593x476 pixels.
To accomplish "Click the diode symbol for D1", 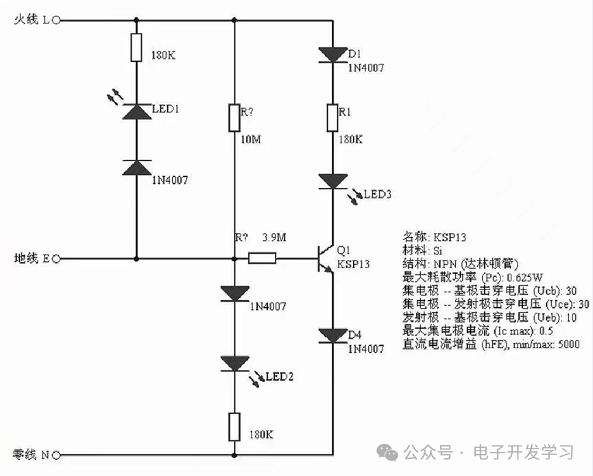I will tap(333, 54).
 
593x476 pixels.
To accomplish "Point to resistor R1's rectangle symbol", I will tap(333, 117).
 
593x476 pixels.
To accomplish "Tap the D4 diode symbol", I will tap(333, 335).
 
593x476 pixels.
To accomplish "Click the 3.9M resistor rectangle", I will tap(262, 259).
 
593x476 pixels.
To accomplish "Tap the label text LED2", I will tap(280, 377).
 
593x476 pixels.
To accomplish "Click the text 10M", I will tap(250, 140).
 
